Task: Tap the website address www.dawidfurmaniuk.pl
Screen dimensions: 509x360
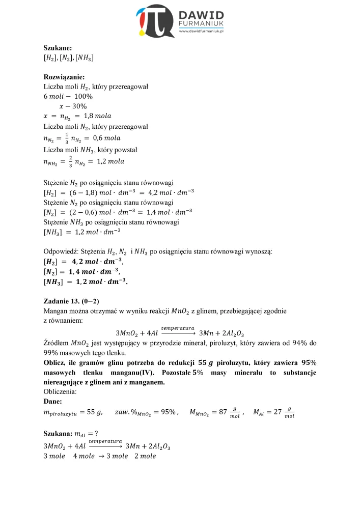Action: tap(202, 32)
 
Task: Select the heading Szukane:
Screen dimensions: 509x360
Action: tap(58, 48)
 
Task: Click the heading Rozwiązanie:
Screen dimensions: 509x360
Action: tap(64, 77)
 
